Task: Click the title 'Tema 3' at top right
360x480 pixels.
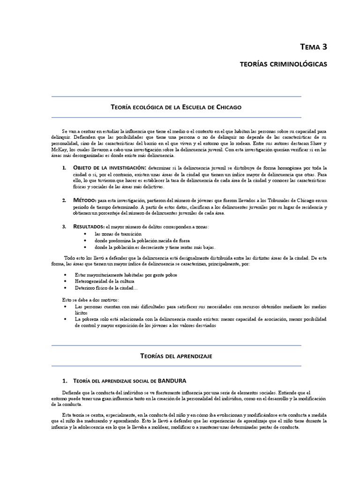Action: tap(314, 46)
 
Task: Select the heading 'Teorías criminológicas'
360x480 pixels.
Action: tap(283, 64)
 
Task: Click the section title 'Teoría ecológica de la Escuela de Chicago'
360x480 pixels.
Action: tap(176, 107)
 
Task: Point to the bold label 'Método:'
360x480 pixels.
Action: tap(84, 200)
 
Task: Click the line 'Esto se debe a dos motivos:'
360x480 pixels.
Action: tap(90, 300)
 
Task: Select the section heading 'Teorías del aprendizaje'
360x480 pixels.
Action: tap(176, 356)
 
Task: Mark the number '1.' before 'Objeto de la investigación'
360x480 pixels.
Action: tap(65, 167)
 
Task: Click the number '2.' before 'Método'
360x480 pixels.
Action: tap(65, 200)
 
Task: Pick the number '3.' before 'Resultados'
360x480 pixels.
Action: tap(65, 226)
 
